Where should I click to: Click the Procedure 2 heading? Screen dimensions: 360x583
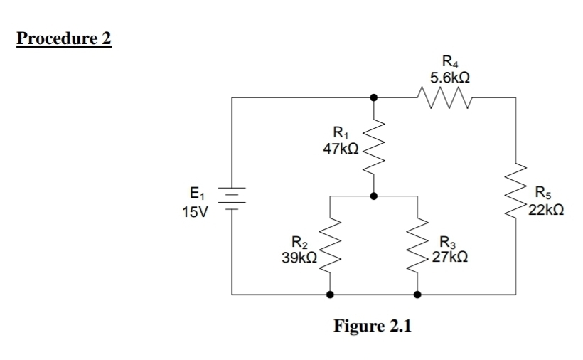64,38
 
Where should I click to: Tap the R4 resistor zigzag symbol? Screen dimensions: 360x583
446,95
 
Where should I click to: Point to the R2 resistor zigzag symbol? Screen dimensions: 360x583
329,249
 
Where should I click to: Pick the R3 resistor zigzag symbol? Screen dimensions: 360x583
417,249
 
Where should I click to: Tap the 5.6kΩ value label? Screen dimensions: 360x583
447,76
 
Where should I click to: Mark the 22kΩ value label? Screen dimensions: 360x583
546,210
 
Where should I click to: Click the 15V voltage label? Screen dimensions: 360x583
194,213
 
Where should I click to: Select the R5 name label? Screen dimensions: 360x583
544,191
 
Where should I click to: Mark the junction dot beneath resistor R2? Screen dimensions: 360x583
329,293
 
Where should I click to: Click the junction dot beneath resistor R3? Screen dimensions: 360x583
417,293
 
